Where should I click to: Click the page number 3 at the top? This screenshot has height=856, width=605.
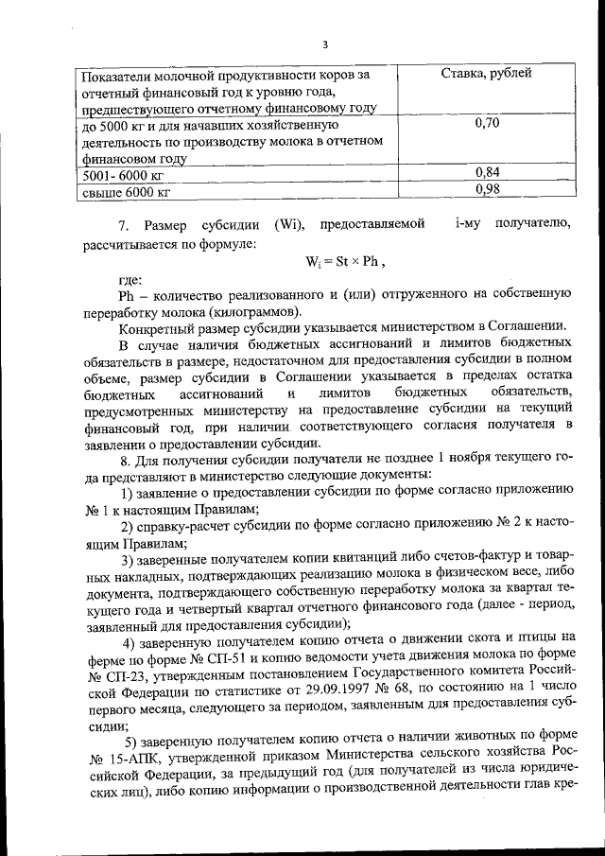coord(324,44)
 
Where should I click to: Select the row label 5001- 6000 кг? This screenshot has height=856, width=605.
coord(124,175)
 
